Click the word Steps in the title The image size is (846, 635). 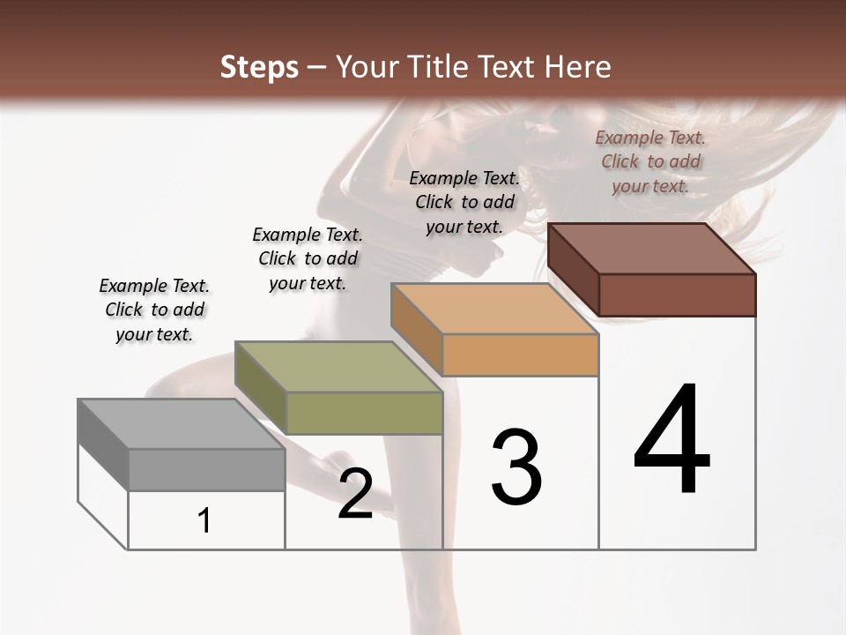click(x=259, y=68)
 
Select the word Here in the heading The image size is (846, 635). click(x=577, y=68)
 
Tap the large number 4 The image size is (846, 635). click(x=672, y=441)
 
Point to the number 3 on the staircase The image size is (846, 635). click(x=516, y=467)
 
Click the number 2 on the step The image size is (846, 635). click(x=355, y=494)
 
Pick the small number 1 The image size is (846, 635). click(x=204, y=521)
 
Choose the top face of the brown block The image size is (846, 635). click(x=652, y=249)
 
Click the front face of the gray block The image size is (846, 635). click(x=206, y=469)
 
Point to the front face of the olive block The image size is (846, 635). click(x=364, y=413)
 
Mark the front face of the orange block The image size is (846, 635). click(x=520, y=355)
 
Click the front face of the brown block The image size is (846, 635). click(x=677, y=295)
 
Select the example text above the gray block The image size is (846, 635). click(x=154, y=310)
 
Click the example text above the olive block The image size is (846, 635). click(x=308, y=258)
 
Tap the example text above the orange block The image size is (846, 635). click(x=464, y=202)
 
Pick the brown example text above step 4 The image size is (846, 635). click(x=650, y=161)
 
